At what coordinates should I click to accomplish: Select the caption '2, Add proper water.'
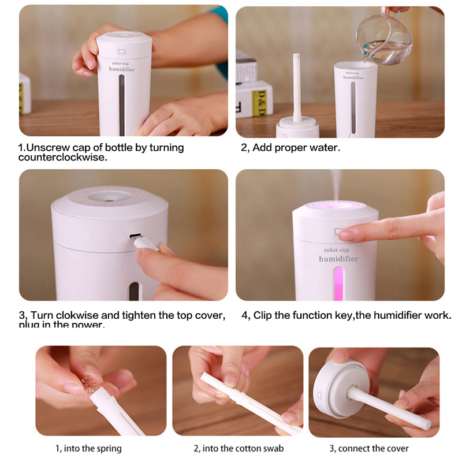point(290,147)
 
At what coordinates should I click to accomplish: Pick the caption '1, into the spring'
point(88,448)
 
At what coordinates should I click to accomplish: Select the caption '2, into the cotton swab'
point(239,448)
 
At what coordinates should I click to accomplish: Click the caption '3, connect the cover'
point(369,448)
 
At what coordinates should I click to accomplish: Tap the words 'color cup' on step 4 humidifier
point(337,249)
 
